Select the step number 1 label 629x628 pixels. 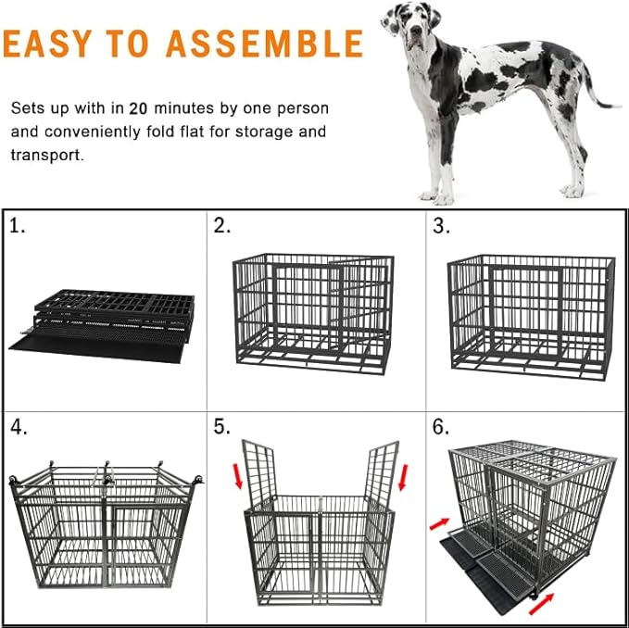[x=18, y=227]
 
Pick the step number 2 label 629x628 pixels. [x=222, y=227]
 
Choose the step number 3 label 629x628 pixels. [x=441, y=227]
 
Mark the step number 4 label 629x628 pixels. [x=19, y=428]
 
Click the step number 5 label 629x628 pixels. [x=222, y=428]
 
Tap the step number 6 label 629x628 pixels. [x=441, y=428]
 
